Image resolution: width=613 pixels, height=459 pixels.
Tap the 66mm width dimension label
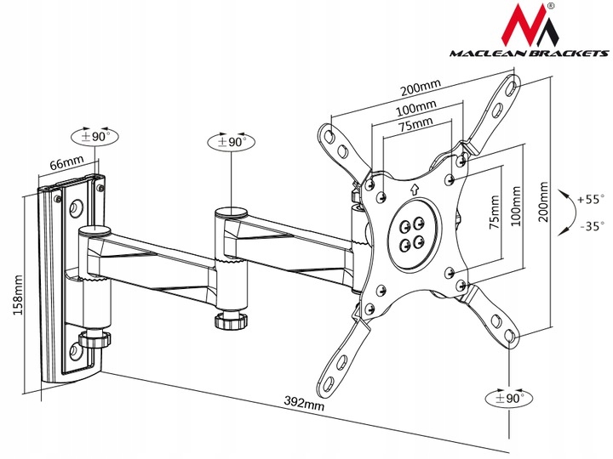tap(67, 160)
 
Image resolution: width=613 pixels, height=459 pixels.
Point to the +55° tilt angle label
tap(590, 200)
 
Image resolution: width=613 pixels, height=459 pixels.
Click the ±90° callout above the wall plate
tap(95, 136)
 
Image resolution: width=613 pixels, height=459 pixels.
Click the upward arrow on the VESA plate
tap(415, 190)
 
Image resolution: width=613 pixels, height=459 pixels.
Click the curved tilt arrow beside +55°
tap(565, 212)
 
